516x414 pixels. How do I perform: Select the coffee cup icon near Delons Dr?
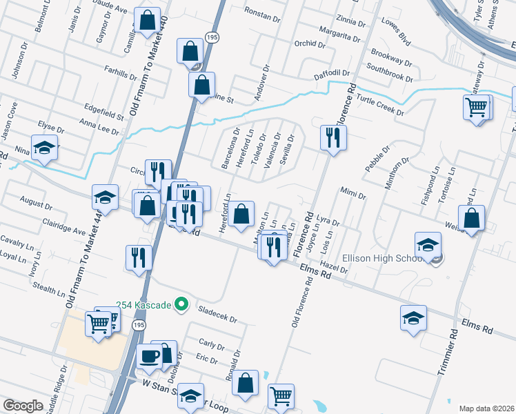pyautogui.click(x=150, y=356)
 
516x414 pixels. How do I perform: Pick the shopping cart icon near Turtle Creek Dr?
pyautogui.click(x=477, y=107)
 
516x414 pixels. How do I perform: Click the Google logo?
pyautogui.click(x=23, y=406)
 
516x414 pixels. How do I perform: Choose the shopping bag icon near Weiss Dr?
pyautogui.click(x=471, y=219)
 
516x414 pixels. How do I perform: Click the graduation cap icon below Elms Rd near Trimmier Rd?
pyautogui.click(x=413, y=317)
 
